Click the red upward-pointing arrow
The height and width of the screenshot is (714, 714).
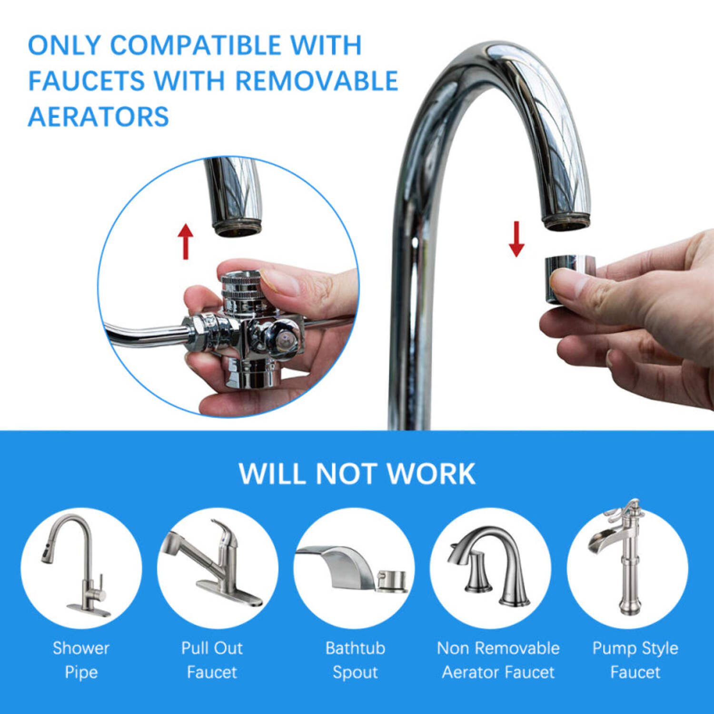pyautogui.click(x=186, y=242)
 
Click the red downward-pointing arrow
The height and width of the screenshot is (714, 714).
pyautogui.click(x=516, y=239)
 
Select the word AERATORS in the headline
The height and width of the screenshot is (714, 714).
pyautogui.click(x=99, y=117)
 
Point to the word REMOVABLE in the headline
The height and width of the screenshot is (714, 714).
pyautogui.click(x=317, y=81)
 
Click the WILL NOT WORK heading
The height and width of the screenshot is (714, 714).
pyautogui.click(x=357, y=474)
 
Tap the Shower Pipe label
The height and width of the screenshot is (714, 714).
pyautogui.click(x=81, y=660)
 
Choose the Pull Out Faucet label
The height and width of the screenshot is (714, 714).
pyautogui.click(x=212, y=660)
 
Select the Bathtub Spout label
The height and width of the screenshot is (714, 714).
pyautogui.click(x=355, y=660)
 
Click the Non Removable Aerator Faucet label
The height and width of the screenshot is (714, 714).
pyautogui.click(x=498, y=660)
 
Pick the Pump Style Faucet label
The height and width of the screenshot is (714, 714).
pyautogui.click(x=635, y=660)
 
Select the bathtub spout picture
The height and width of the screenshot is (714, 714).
pyautogui.click(x=352, y=569)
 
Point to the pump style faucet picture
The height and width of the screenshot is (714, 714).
pyautogui.click(x=624, y=557)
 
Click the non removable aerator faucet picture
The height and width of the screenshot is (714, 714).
pyautogui.click(x=490, y=566)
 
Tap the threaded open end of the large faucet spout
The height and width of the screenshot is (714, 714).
pyautogui.click(x=566, y=222)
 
